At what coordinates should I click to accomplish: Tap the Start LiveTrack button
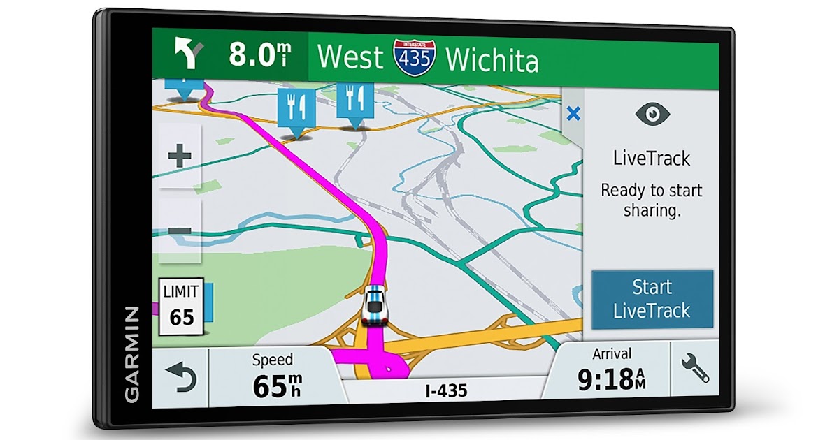pyautogui.click(x=652, y=299)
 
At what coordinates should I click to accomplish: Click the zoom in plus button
pyautogui.click(x=180, y=156)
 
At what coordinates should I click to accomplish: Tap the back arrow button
pyautogui.click(x=180, y=378)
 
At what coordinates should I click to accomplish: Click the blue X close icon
pyautogui.click(x=573, y=114)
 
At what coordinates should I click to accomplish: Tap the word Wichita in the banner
pyautogui.click(x=492, y=60)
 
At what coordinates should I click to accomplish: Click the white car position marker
pyautogui.click(x=374, y=305)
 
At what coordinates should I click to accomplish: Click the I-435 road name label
pyautogui.click(x=445, y=391)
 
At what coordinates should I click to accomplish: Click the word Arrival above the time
pyautogui.click(x=611, y=353)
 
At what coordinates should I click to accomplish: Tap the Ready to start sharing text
pyautogui.click(x=652, y=200)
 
